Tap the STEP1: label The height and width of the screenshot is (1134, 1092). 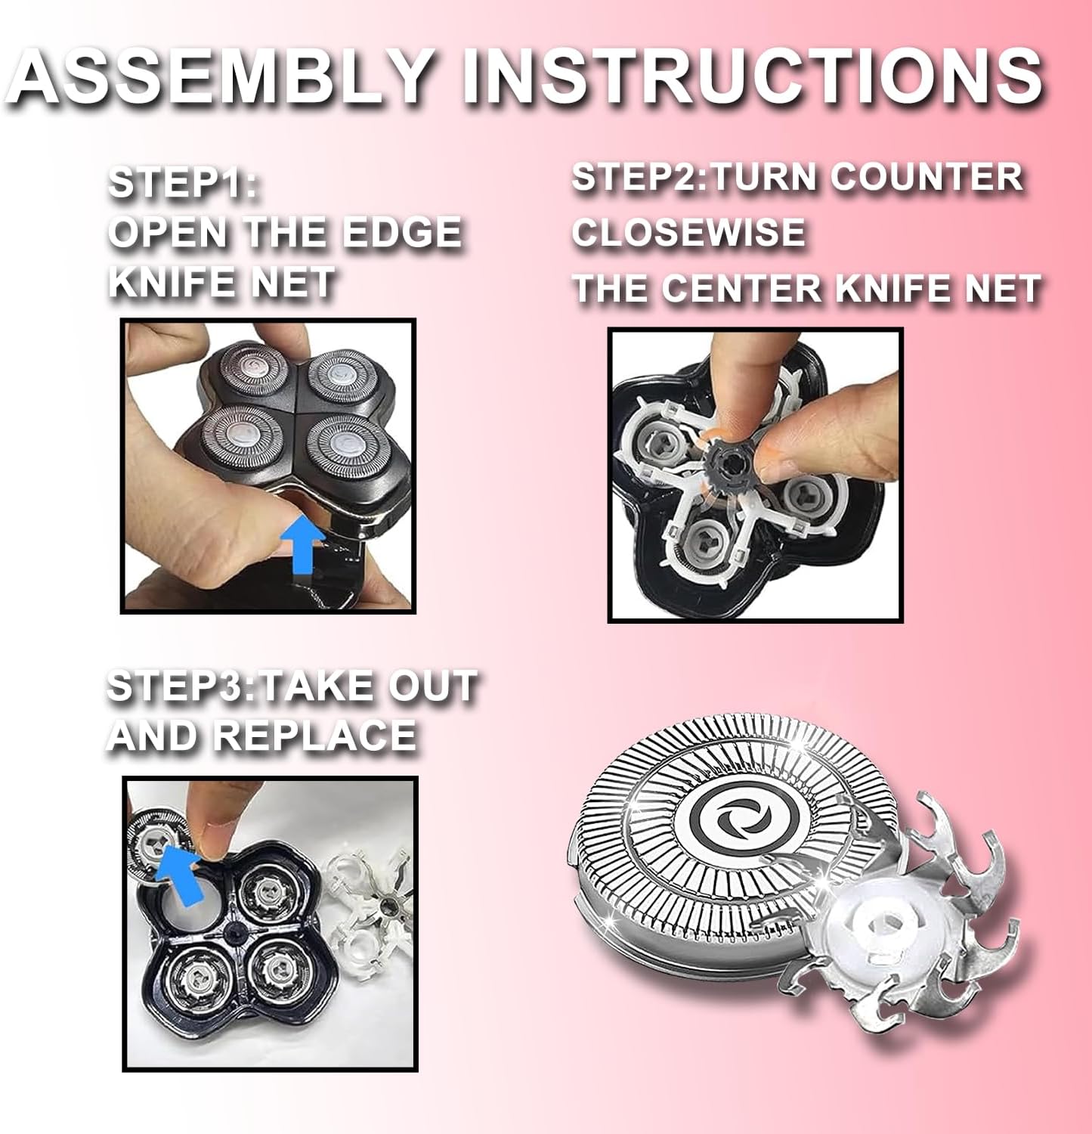pos(183,184)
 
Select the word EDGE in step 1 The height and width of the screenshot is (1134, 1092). pos(401,232)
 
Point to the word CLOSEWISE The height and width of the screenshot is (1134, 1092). pos(688,232)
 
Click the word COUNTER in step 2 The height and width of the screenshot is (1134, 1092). pos(927,177)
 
